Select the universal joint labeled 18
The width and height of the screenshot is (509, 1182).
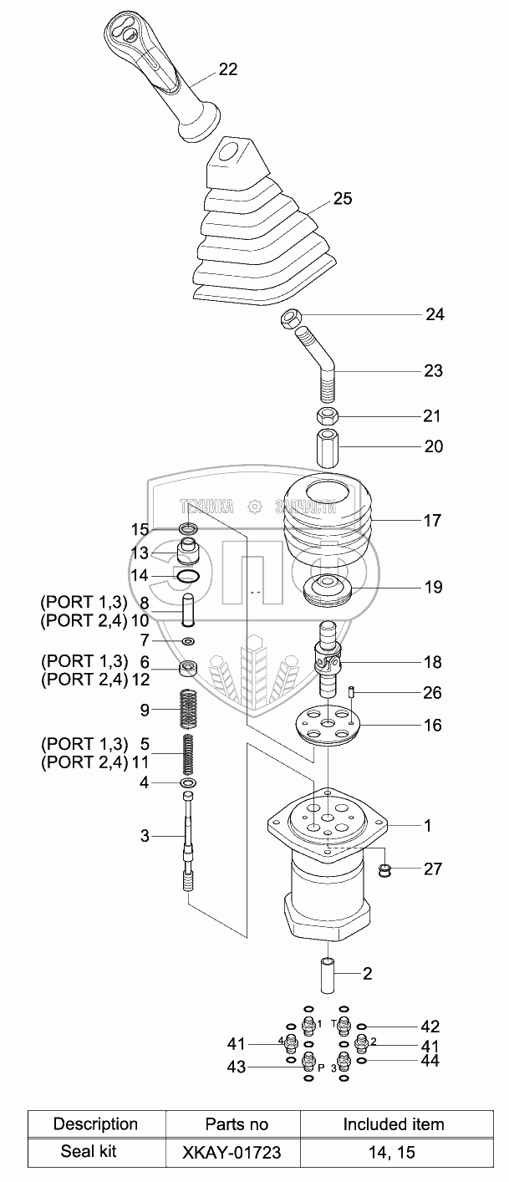pos(328,660)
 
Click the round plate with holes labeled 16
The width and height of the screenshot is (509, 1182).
pos(328,726)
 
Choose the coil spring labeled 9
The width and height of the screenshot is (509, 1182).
pos(188,711)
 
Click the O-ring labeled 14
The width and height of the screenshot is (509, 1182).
pos(187,576)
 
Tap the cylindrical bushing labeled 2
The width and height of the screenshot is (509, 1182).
pos(328,976)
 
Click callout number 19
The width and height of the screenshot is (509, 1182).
pos(433,587)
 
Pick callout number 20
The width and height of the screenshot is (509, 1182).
pos(434,446)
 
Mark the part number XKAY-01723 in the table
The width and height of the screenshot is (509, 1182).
pos(232,1152)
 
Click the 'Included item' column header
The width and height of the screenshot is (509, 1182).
pos(394,1124)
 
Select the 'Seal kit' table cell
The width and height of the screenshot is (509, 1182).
pos(88,1151)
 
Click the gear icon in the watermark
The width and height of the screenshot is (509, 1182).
pos(255,507)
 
